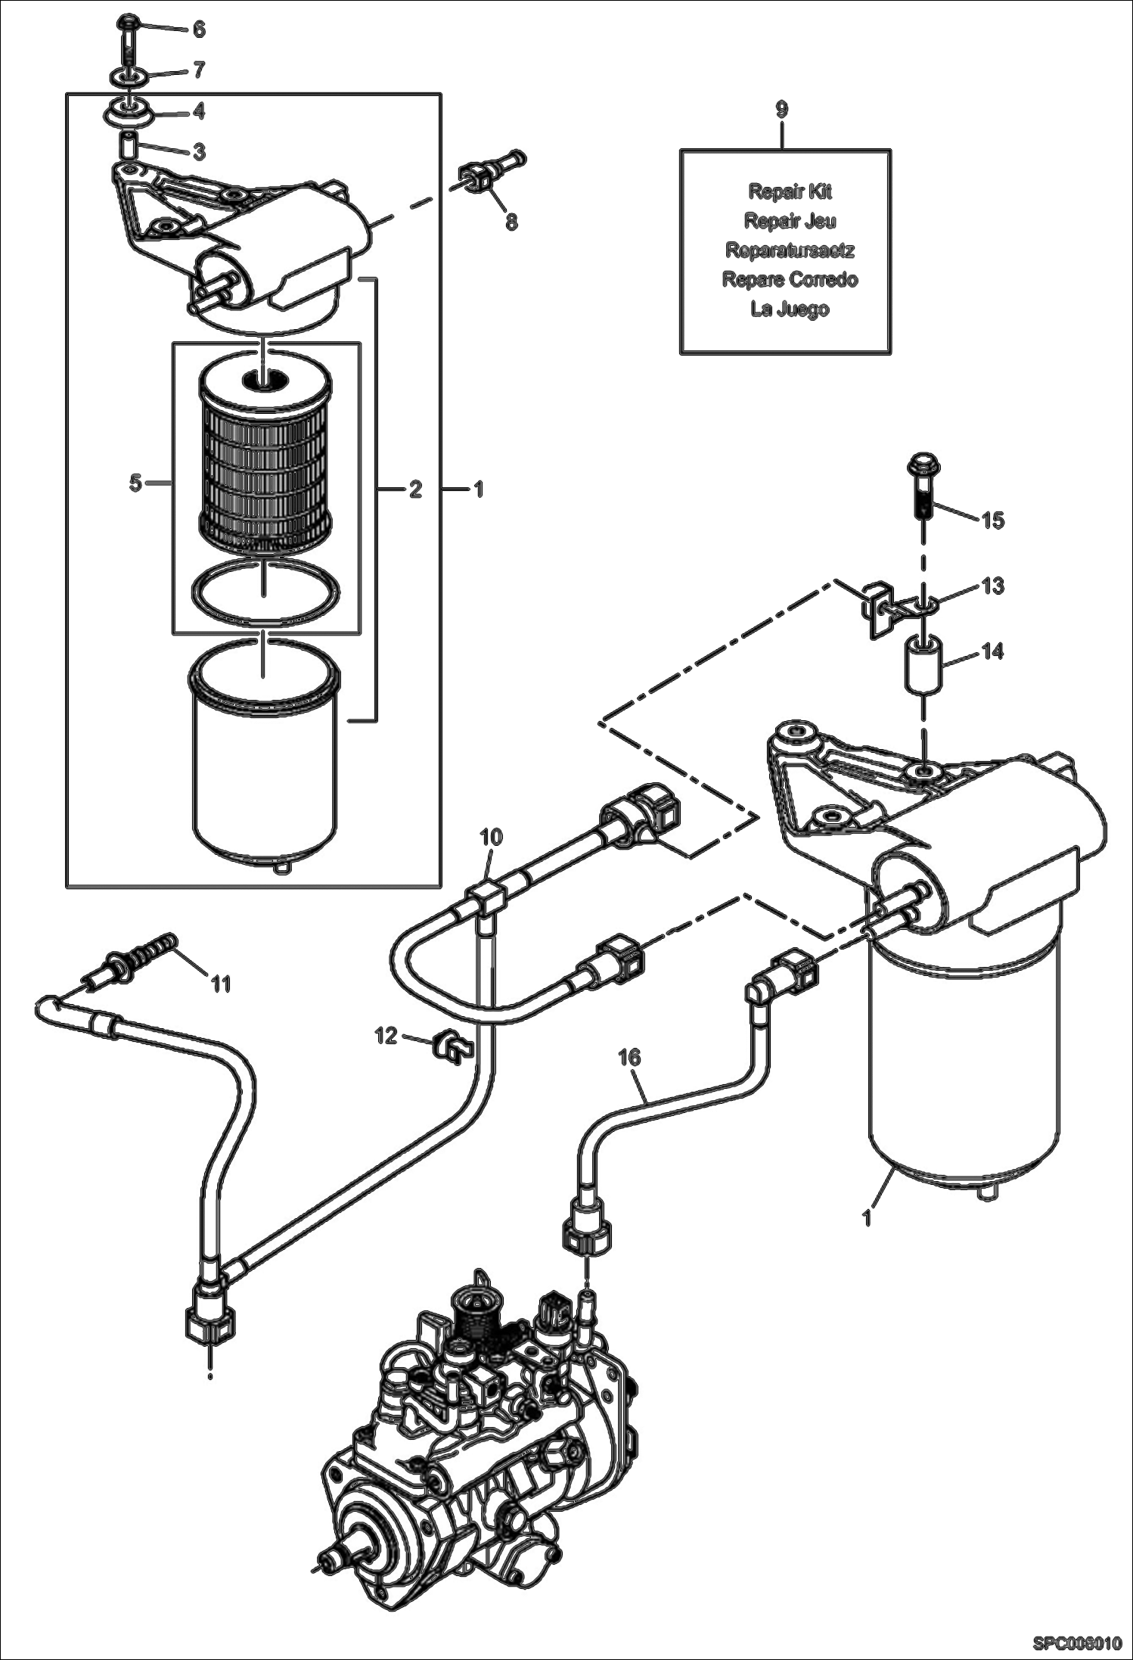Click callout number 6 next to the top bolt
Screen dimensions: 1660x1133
(x=198, y=30)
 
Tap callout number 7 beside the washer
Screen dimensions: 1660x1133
(x=198, y=70)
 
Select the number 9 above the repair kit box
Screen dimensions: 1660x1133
(x=782, y=110)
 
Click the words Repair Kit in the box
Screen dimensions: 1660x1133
(x=790, y=191)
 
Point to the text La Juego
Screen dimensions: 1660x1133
(x=790, y=309)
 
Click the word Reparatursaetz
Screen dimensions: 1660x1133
(x=790, y=250)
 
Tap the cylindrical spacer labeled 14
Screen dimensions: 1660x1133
(x=923, y=664)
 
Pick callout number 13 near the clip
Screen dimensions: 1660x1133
(x=992, y=586)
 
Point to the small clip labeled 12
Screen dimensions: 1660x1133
(x=451, y=1046)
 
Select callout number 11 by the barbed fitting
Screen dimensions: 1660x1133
(x=220, y=984)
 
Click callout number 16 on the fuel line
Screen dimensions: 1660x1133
(x=629, y=1057)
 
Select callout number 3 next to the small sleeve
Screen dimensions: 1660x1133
(x=198, y=152)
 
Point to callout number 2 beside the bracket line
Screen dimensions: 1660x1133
(x=414, y=490)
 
